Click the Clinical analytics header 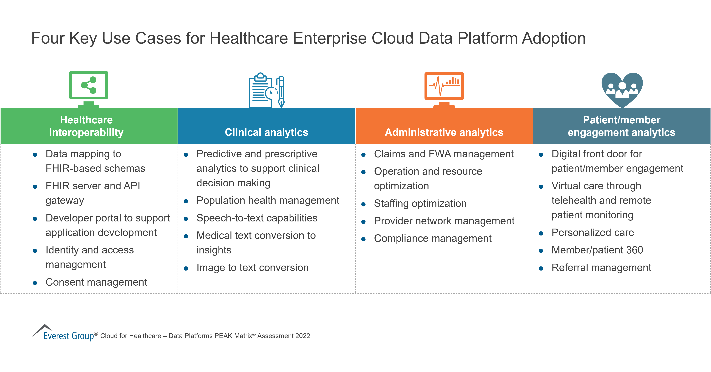point(266,132)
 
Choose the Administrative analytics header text point(444,132)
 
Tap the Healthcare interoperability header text point(86,126)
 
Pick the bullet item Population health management point(268,200)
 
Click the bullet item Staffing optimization point(420,204)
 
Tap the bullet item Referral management point(601,268)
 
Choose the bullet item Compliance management point(433,238)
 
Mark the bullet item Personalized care point(593,233)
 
